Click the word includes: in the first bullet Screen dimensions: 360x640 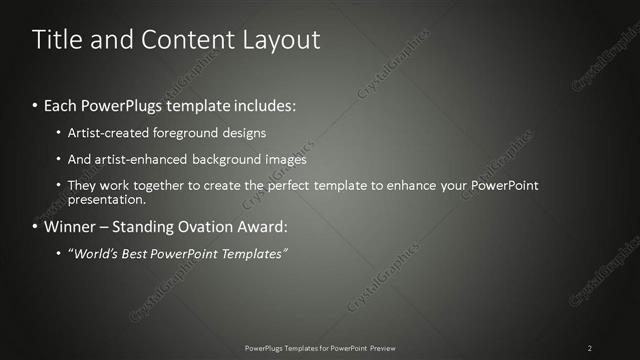click(x=261, y=105)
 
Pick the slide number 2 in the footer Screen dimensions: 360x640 click(x=590, y=347)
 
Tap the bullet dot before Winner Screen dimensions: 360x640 click(x=36, y=227)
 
